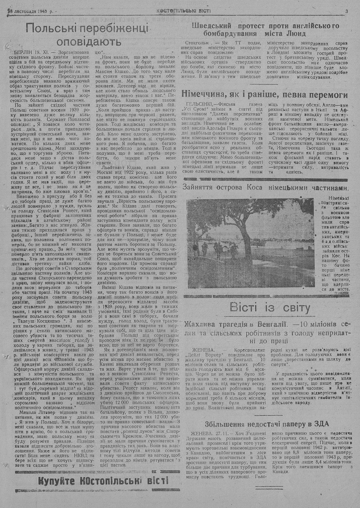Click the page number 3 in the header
pyautogui.click(x=346, y=11)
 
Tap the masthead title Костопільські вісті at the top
pyautogui.click(x=184, y=11)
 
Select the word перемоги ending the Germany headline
pyautogui.click(x=327, y=95)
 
